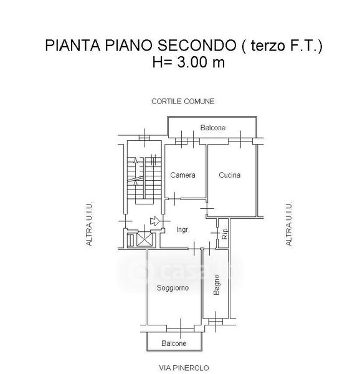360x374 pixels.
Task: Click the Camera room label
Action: pyautogui.click(x=182, y=175)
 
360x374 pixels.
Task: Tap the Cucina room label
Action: pyautogui.click(x=229, y=175)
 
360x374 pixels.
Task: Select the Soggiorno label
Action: pyautogui.click(x=173, y=288)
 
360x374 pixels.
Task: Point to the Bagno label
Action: pyautogui.click(x=217, y=285)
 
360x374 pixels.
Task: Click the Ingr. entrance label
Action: pyautogui.click(x=183, y=229)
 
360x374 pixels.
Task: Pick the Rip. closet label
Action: pyautogui.click(x=225, y=234)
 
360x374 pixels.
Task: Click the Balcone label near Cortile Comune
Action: pyautogui.click(x=213, y=128)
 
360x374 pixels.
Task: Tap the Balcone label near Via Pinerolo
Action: pyautogui.click(x=174, y=343)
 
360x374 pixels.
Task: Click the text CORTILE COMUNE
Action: pyautogui.click(x=182, y=102)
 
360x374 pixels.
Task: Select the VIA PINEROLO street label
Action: pyautogui.click(x=184, y=368)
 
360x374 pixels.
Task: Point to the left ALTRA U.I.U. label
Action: pyautogui.click(x=89, y=224)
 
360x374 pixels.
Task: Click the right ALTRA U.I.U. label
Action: pyautogui.click(x=288, y=224)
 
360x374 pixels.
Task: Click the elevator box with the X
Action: pyautogui.click(x=144, y=239)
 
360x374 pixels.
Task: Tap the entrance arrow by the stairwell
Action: pyautogui.click(x=154, y=221)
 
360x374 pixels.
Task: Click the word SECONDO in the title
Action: pyautogui.click(x=197, y=46)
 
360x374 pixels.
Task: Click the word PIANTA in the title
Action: pyautogui.click(x=73, y=46)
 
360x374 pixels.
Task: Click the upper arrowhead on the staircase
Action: pyautogui.click(x=135, y=160)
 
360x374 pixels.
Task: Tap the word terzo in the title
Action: pyautogui.click(x=268, y=46)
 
